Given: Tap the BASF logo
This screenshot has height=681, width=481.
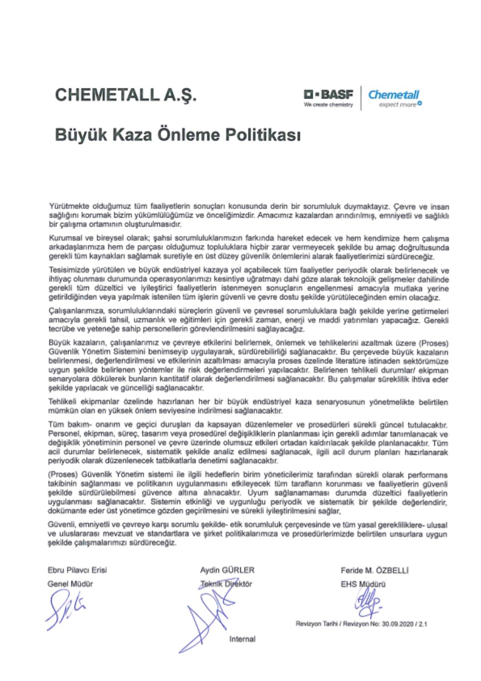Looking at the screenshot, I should click(x=328, y=95).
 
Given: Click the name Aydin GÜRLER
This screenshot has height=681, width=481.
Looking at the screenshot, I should click(x=227, y=570).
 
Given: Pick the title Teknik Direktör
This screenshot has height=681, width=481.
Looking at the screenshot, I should click(x=224, y=584).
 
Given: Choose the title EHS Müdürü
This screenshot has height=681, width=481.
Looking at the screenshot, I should click(x=363, y=584).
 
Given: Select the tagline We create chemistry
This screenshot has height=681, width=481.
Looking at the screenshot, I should click(x=328, y=105).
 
